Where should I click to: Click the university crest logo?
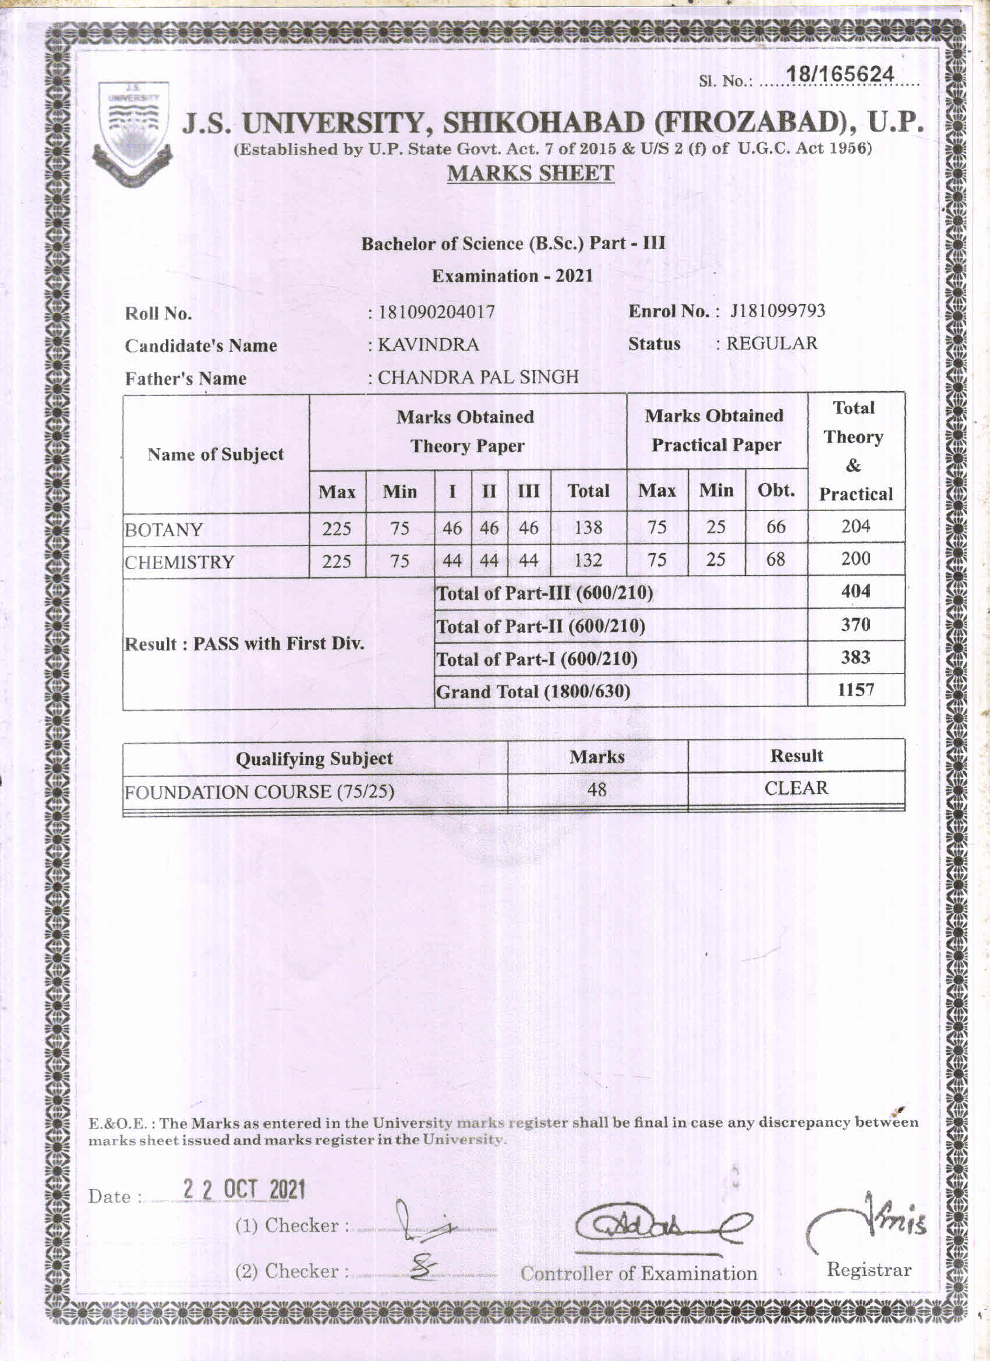tap(132, 133)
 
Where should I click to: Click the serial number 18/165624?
tap(840, 75)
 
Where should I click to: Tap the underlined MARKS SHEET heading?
tap(530, 173)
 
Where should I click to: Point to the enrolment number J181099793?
tap(777, 311)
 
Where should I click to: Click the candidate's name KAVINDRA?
tap(428, 345)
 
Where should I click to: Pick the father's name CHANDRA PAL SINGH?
tap(478, 377)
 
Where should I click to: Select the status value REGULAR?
tap(772, 343)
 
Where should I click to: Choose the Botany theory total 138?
tap(588, 527)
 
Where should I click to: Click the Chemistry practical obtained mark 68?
tap(776, 559)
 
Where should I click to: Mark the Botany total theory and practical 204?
tap(855, 526)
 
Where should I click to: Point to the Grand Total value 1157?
tap(855, 689)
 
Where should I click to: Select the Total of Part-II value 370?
tap(855, 625)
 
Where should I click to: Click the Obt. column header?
tap(776, 490)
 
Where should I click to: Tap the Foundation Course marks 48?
tap(597, 789)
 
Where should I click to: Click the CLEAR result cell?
tap(795, 788)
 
